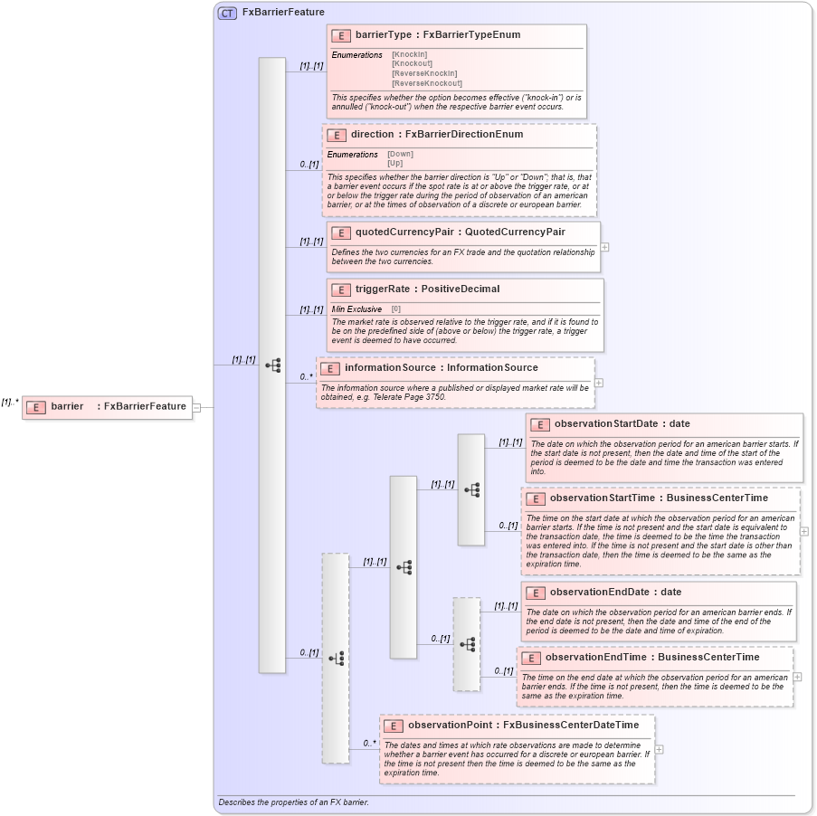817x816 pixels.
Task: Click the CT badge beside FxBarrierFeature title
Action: (x=227, y=13)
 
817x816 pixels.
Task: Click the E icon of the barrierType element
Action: (x=341, y=35)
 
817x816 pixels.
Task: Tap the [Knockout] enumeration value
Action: (x=412, y=64)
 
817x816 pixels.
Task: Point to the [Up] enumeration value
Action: (x=395, y=164)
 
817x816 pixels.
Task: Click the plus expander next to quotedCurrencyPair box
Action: (x=604, y=247)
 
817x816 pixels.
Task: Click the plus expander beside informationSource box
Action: (x=599, y=383)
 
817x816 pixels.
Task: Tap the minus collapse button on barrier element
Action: (x=196, y=407)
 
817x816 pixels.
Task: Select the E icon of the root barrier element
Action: (x=34, y=407)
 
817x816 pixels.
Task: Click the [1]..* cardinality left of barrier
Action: (x=10, y=402)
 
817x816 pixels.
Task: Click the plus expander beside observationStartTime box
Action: (x=804, y=531)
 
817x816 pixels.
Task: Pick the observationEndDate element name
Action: (x=600, y=592)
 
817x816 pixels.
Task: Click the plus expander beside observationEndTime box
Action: (x=797, y=676)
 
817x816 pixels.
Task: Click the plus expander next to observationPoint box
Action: (x=659, y=749)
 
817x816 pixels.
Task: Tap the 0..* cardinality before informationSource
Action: (x=306, y=376)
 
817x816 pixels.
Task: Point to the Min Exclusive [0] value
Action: (x=395, y=309)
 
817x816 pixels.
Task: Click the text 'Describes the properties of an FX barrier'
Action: (x=293, y=802)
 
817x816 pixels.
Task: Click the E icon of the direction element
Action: (x=337, y=135)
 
